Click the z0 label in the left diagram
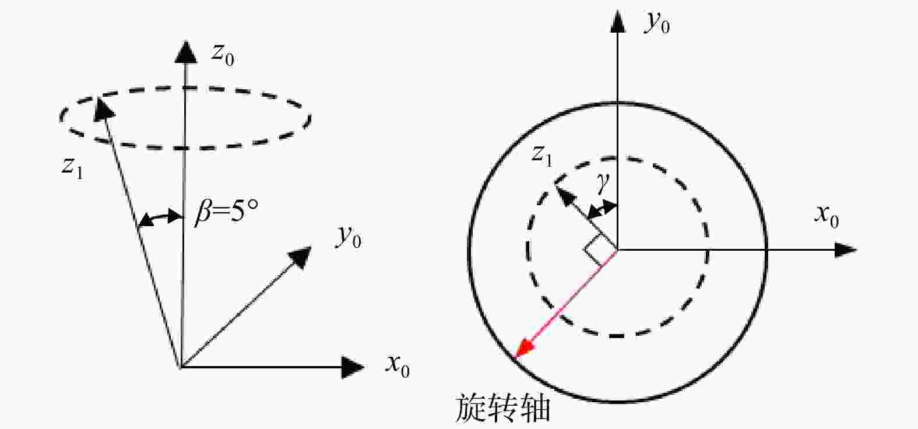(223, 55)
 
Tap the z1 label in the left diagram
(72, 168)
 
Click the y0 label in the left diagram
(349, 237)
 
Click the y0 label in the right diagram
(657, 22)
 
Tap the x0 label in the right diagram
(826, 216)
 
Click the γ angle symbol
(603, 182)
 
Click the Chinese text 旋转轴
(503, 408)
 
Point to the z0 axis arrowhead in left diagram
(186, 52)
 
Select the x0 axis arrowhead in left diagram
(353, 367)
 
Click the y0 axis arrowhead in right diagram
(618, 22)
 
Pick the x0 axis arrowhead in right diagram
(846, 249)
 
